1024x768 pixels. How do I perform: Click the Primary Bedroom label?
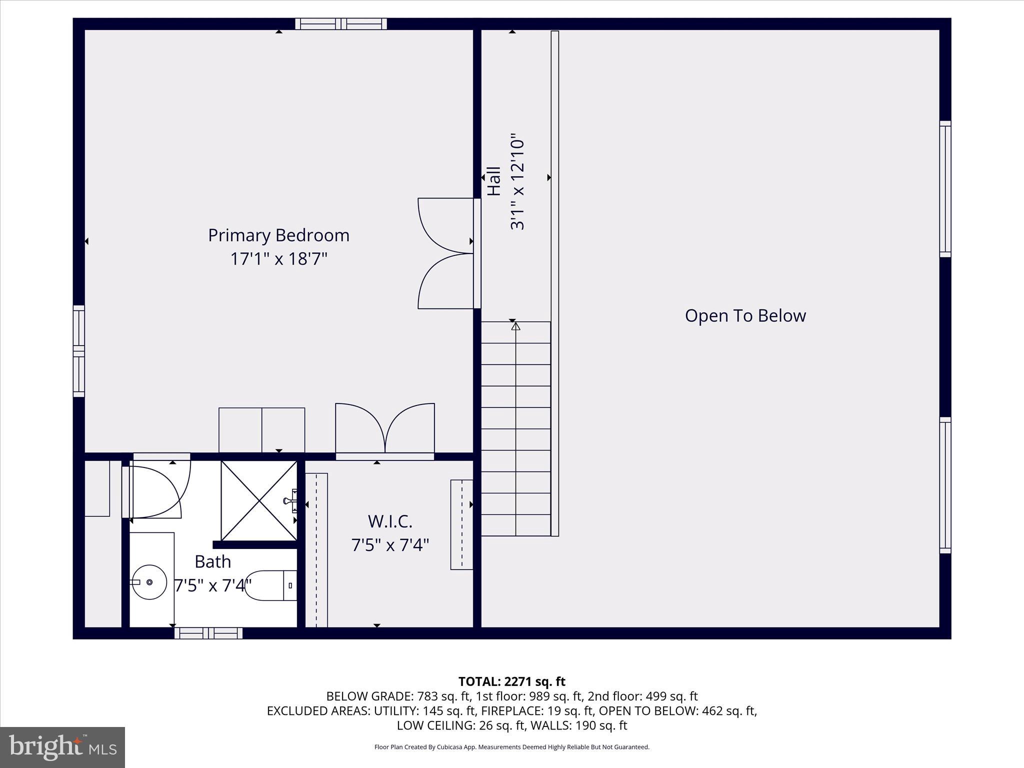click(x=278, y=235)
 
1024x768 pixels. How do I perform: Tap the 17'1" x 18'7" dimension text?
click(x=278, y=259)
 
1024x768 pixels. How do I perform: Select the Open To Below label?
click(x=745, y=315)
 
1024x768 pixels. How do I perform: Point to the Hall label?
click(x=494, y=181)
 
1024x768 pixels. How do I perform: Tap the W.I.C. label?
click(x=390, y=521)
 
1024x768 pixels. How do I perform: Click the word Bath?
click(x=212, y=561)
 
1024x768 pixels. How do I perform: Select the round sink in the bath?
click(x=149, y=582)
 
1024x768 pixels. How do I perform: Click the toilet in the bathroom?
click(x=270, y=585)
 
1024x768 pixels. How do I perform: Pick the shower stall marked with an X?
click(x=259, y=501)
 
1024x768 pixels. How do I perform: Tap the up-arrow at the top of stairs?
click(x=515, y=326)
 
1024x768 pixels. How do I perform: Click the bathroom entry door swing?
click(x=157, y=490)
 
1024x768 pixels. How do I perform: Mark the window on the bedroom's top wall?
click(x=340, y=23)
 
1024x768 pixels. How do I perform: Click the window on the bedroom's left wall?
click(x=78, y=351)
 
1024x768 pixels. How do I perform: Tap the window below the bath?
click(x=208, y=633)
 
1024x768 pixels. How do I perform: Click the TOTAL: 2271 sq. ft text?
click(x=511, y=681)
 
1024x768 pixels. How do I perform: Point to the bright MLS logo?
click(x=62, y=747)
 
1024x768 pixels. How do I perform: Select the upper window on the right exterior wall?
click(x=945, y=189)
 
